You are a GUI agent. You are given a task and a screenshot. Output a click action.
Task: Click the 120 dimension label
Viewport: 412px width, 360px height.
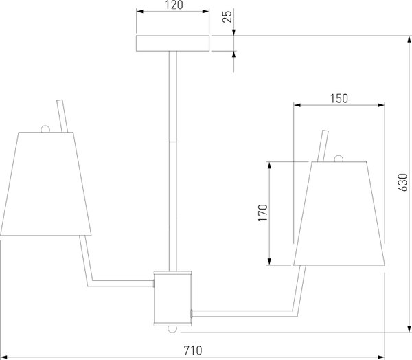tap(174, 5)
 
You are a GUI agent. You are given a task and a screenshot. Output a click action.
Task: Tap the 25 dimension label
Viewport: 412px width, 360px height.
tap(227, 16)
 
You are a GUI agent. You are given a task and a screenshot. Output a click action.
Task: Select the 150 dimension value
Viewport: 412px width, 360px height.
tap(339, 99)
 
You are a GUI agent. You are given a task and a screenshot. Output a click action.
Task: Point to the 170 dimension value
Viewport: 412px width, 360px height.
tap(263, 213)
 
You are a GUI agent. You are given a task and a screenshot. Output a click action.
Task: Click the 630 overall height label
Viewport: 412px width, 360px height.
tap(402, 182)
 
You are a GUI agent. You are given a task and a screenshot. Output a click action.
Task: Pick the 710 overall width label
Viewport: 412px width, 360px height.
tap(193, 350)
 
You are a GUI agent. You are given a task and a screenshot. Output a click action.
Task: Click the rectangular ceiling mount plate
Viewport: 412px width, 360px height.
tap(172, 43)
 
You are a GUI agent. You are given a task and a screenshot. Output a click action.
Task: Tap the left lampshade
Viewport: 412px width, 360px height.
tap(46, 183)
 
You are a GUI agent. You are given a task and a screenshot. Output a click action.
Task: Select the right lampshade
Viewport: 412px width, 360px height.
tap(339, 213)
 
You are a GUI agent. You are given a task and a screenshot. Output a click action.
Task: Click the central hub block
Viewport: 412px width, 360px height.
tap(172, 299)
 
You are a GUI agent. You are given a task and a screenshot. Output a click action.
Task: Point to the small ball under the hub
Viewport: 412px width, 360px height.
tap(172, 330)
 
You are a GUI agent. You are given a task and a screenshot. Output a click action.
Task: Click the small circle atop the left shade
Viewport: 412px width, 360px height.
tap(45, 129)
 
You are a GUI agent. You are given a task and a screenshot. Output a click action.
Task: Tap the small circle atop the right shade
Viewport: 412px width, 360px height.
tap(339, 159)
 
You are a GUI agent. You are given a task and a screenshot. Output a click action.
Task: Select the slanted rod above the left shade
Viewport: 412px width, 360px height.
tap(62, 116)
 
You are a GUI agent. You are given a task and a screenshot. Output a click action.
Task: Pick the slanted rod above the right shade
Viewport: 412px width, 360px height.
tap(323, 146)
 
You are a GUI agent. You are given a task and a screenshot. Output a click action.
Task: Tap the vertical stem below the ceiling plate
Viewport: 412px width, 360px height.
tap(172, 161)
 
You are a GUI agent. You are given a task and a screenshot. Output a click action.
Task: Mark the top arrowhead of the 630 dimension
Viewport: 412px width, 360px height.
tap(409, 40)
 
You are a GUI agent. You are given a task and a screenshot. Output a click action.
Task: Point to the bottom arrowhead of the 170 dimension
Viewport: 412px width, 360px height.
tap(269, 261)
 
